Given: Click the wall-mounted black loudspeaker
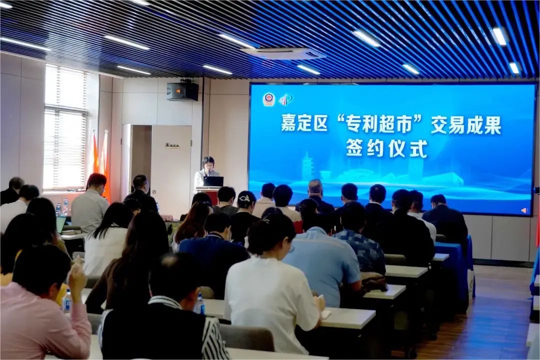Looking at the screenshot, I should (x=182, y=90).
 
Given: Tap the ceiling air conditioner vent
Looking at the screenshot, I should (x=283, y=53).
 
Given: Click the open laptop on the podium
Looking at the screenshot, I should (x=213, y=181).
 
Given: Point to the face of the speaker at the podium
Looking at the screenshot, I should (x=208, y=163).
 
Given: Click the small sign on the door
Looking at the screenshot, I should (x=172, y=145).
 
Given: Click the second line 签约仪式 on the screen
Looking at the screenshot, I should (x=387, y=148).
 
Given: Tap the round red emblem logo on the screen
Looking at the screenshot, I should (x=269, y=99).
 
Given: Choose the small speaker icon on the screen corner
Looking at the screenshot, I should (x=524, y=210).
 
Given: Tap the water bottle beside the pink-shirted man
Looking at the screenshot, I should (x=67, y=301).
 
